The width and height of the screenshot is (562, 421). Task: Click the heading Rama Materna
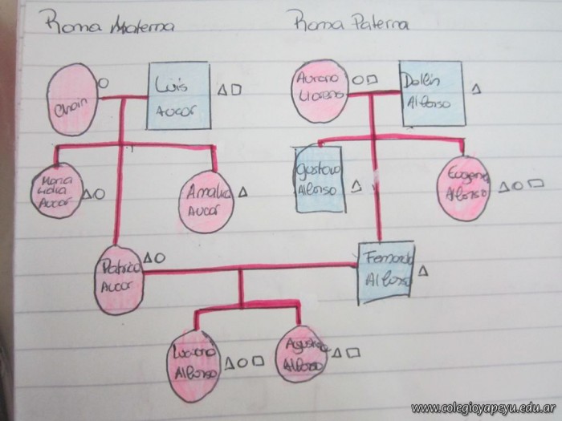click(x=112, y=26)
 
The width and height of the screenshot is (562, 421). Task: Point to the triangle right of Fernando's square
click(x=423, y=270)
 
